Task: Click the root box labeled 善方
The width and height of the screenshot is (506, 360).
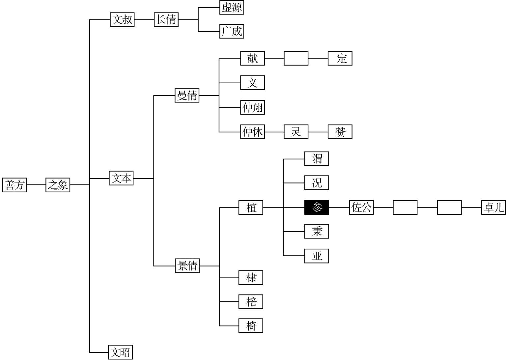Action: tap(15, 185)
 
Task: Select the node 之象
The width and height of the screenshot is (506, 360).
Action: tap(58, 185)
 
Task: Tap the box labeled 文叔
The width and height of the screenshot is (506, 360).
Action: tap(122, 20)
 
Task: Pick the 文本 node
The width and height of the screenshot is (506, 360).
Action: tap(121, 178)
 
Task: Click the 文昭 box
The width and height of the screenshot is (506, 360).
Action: tap(120, 352)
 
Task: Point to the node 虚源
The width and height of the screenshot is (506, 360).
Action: tap(232, 8)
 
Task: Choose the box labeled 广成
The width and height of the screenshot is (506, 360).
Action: tap(232, 31)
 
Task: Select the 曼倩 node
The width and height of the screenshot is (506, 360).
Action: tap(187, 95)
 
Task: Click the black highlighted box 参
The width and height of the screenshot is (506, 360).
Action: tap(317, 207)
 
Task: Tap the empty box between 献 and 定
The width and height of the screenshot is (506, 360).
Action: tap(296, 58)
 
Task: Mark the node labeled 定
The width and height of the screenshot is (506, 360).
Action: tap(340, 58)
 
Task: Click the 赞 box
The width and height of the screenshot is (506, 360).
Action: tap(340, 132)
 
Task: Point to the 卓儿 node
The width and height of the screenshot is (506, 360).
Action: tap(493, 207)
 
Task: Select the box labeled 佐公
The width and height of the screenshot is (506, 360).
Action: tap(361, 207)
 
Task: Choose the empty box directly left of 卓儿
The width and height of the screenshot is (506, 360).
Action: tap(449, 207)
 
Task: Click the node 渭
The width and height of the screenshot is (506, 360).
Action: tap(317, 159)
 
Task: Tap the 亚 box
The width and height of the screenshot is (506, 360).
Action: tap(317, 256)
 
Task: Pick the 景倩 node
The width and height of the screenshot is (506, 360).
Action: tap(187, 265)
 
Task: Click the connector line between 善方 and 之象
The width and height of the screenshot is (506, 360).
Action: tap(36, 185)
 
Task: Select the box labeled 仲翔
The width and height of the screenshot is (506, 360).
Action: tap(253, 107)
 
